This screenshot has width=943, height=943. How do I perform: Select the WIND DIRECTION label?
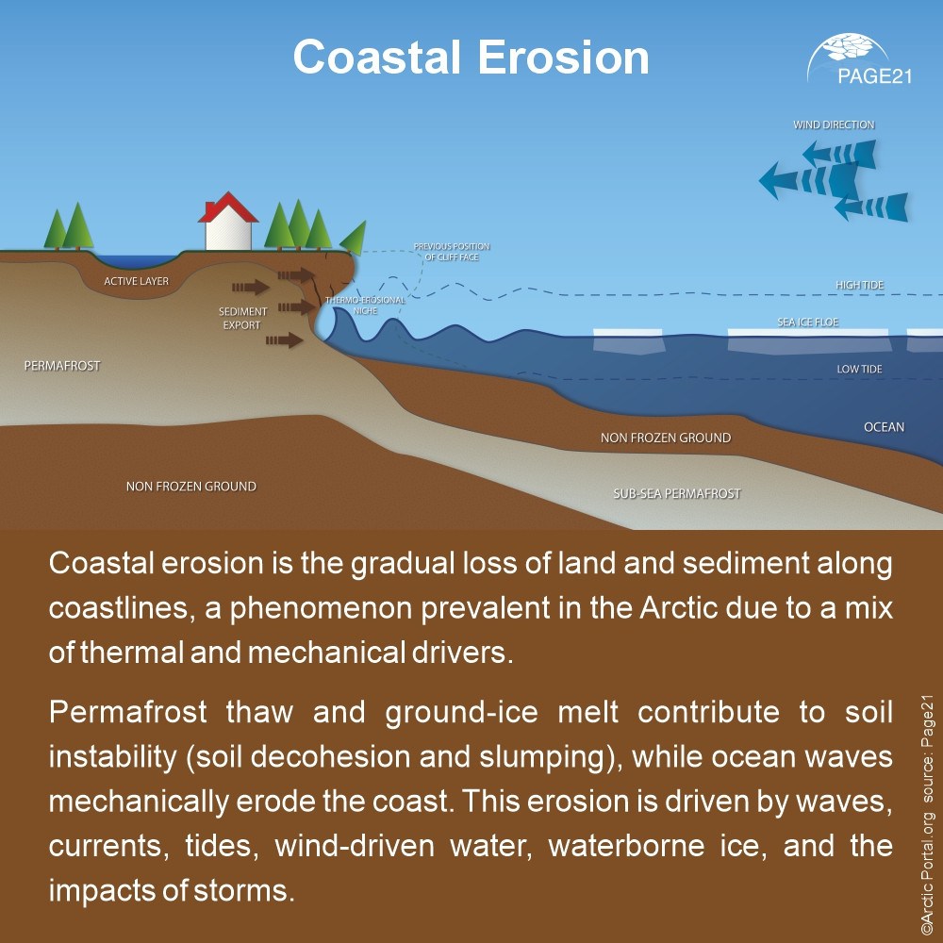[834, 124]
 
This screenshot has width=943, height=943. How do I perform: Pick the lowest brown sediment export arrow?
[285, 339]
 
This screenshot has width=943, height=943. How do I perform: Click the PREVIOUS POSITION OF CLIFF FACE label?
[452, 252]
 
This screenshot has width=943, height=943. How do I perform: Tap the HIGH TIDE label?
[859, 285]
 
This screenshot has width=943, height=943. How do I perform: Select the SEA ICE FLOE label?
[807, 323]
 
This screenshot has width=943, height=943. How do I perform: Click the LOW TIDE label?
[859, 370]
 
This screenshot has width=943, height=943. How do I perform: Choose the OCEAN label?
[884, 427]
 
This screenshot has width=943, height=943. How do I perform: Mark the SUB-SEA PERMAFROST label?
[677, 493]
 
